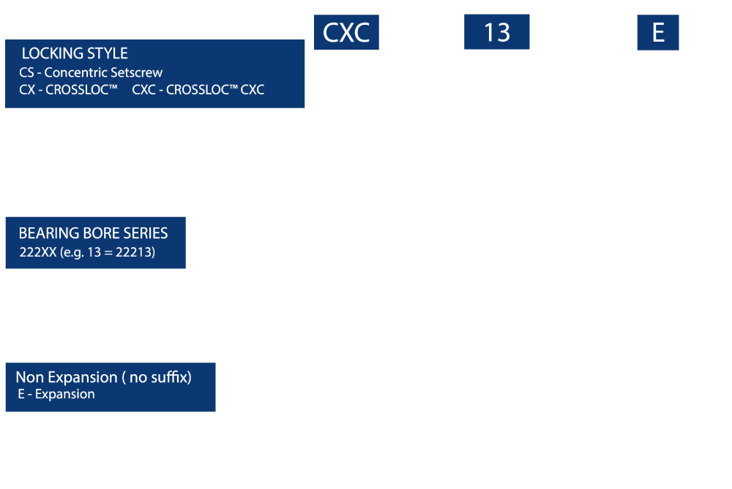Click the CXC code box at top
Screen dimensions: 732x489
coord(346,32)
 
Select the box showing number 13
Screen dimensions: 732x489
coord(497,31)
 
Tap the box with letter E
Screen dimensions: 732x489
coord(658,33)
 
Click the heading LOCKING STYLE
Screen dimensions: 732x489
coord(75,53)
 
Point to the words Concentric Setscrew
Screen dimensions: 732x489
coord(103,72)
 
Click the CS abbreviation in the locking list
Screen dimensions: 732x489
coord(26,72)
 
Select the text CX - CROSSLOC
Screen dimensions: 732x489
coord(68,89)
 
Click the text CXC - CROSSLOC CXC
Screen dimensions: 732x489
coord(198,89)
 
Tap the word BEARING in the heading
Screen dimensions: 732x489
coord(49,233)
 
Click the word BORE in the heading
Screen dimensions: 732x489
coord(101,233)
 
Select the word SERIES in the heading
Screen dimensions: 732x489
coord(146,233)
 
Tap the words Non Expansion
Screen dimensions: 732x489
coord(67,377)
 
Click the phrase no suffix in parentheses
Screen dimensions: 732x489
coord(159,377)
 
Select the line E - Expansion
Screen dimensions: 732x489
coord(56,395)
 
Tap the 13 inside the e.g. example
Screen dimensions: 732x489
coord(94,252)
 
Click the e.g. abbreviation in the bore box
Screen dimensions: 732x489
coord(73,253)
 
